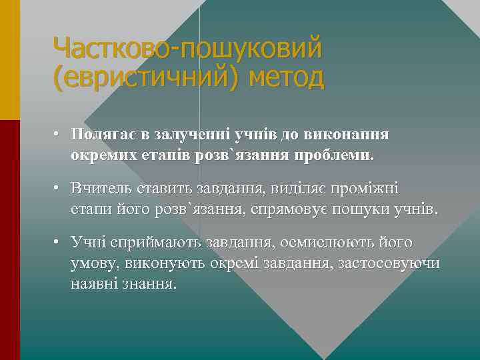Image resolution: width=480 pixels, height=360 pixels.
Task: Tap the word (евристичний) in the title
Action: click(147, 78)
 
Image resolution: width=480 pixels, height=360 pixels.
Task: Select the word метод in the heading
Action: click(286, 78)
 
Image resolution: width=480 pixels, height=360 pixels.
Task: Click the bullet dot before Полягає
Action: click(59, 135)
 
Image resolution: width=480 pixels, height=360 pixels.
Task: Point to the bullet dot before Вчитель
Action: click(59, 189)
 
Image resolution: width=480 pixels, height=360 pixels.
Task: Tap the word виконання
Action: click(346, 134)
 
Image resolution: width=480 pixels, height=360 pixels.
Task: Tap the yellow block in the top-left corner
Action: click(10, 60)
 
